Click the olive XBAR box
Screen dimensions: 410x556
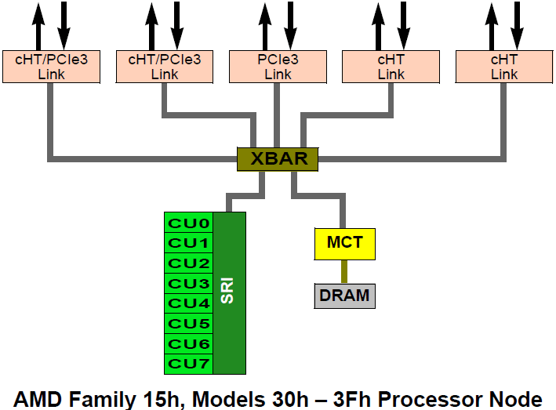278,158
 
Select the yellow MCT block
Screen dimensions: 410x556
344,243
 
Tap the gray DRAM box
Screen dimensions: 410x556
343,296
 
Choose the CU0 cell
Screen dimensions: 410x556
189,223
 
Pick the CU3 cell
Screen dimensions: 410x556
189,283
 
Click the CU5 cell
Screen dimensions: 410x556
189,324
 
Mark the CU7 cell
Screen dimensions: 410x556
189,364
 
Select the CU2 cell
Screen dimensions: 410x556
189,263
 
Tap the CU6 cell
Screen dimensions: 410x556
189,343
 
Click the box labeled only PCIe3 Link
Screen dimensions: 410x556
278,67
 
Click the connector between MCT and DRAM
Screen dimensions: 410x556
343,271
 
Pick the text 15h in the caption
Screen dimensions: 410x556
165,397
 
